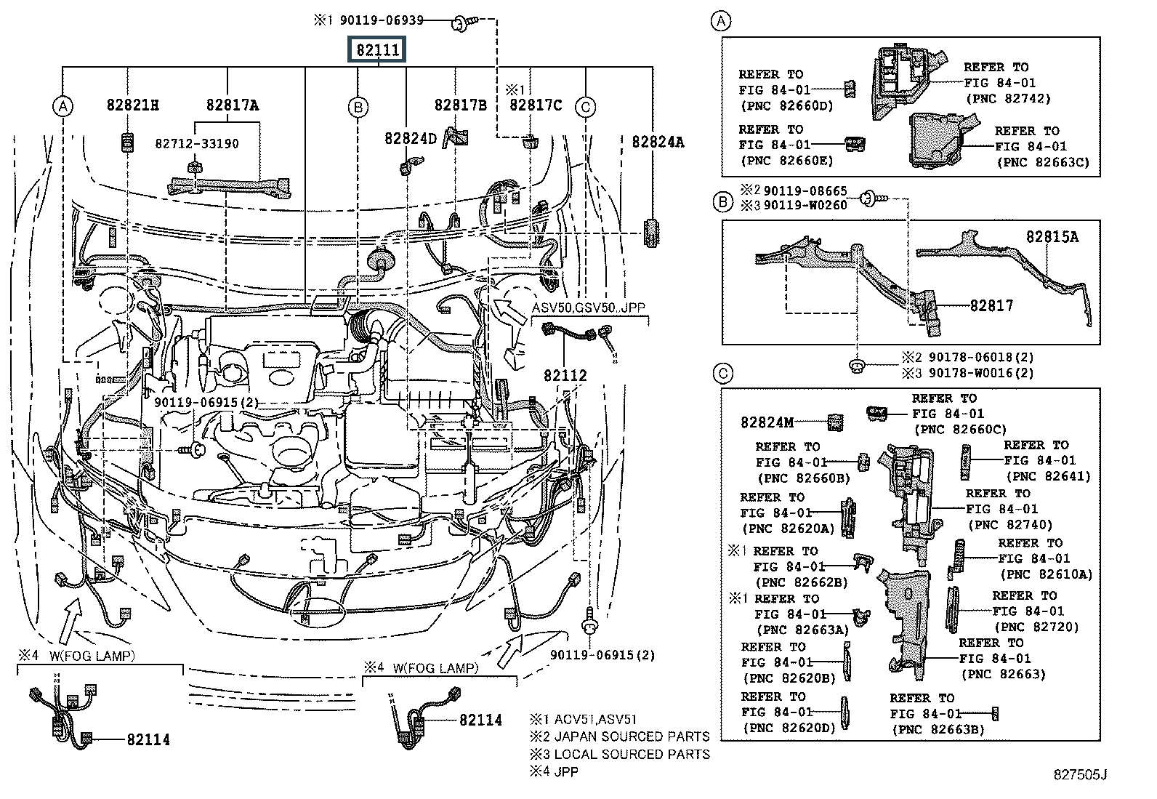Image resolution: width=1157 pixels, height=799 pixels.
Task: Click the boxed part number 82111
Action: [378, 50]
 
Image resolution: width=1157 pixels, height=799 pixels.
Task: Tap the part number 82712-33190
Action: [196, 144]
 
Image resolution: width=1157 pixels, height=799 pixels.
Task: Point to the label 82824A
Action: [657, 142]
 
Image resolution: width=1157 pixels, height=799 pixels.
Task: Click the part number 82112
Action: [565, 375]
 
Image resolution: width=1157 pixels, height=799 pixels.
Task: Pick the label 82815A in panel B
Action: [1052, 237]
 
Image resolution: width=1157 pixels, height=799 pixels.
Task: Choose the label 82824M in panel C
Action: [767, 422]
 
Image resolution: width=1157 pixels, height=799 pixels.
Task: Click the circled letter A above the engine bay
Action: [63, 107]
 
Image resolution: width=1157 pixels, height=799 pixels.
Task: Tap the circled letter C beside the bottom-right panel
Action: [722, 374]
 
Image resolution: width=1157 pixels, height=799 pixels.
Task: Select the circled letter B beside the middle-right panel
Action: [722, 202]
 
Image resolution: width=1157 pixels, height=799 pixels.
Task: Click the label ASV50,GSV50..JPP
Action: [588, 308]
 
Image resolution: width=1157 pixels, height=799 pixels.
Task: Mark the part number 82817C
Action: [536, 105]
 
